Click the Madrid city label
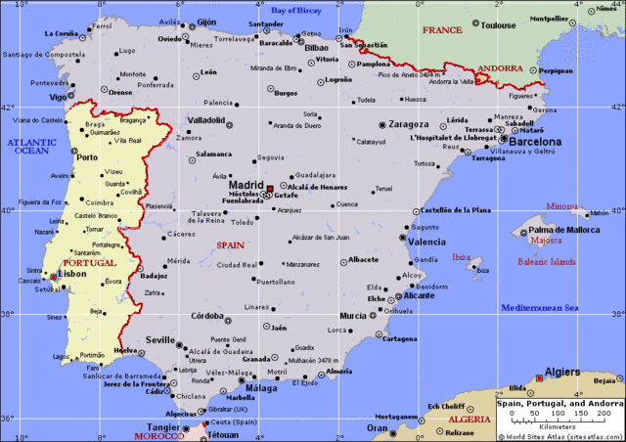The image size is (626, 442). click(x=246, y=183)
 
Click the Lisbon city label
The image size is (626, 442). click(x=73, y=275)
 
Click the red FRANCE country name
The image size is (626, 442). click(x=442, y=30)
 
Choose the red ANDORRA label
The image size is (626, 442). click(x=500, y=69)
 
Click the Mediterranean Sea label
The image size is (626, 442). click(x=541, y=308)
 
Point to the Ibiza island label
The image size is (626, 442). click(x=461, y=257)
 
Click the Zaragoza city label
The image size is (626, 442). click(x=409, y=125)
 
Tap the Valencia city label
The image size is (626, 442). click(x=426, y=242)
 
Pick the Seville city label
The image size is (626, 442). click(x=160, y=339)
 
